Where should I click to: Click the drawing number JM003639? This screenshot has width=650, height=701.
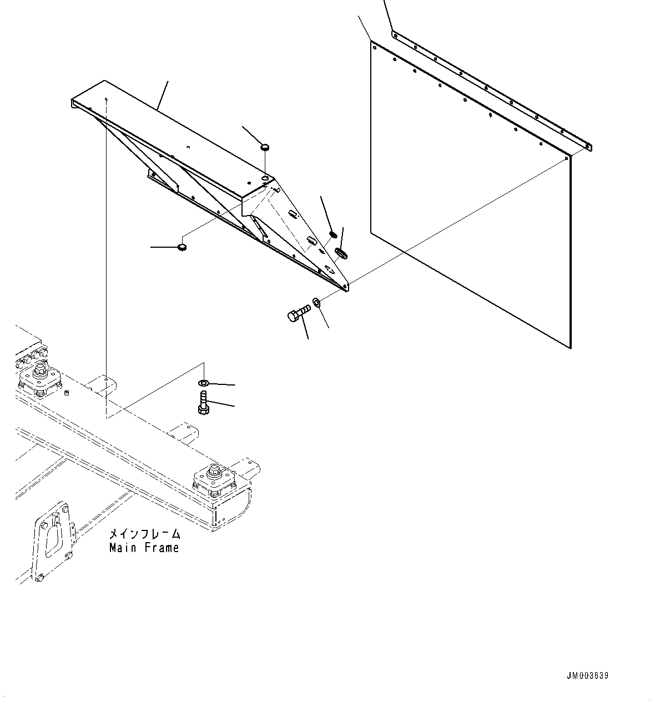click(588, 676)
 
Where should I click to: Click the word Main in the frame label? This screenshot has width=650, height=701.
click(123, 548)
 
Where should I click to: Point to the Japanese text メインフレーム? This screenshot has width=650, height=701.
click(144, 534)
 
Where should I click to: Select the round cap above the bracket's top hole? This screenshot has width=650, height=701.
click(265, 147)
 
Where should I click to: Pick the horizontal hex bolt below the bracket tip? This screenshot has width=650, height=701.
click(298, 314)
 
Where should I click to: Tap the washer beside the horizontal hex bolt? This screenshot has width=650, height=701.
click(316, 302)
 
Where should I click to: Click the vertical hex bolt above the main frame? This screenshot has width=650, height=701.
click(203, 403)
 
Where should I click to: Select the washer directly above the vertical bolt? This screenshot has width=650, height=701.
click(203, 383)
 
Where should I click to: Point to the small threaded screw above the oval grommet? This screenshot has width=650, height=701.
click(334, 234)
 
